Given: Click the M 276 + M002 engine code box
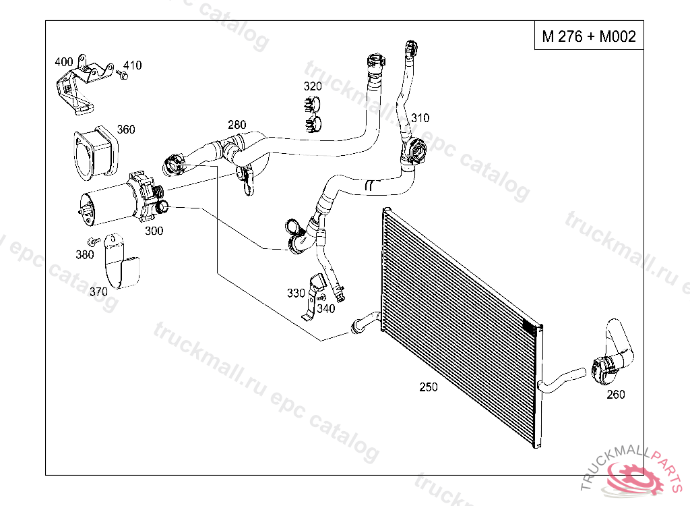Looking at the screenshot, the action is click(x=588, y=36).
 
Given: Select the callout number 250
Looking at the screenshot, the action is click(x=428, y=387).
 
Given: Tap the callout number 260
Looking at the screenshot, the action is click(x=616, y=395).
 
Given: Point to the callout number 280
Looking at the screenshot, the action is click(x=237, y=125).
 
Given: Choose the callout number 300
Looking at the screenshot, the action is click(x=154, y=231).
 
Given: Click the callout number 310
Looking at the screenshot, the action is click(x=420, y=119).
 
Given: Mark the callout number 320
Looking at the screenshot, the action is click(x=313, y=86).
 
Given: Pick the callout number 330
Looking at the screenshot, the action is click(x=296, y=293).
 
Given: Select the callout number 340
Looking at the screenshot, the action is click(x=326, y=308).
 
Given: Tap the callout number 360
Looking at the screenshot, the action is click(x=126, y=130).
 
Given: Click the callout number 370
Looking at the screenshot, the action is click(x=98, y=291).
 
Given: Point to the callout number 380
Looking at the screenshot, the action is click(x=85, y=254).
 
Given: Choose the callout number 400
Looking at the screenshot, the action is click(x=63, y=62).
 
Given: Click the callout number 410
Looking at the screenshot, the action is click(x=133, y=65).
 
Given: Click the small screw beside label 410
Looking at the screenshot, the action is click(x=121, y=76).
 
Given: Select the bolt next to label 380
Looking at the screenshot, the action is click(x=94, y=241).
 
